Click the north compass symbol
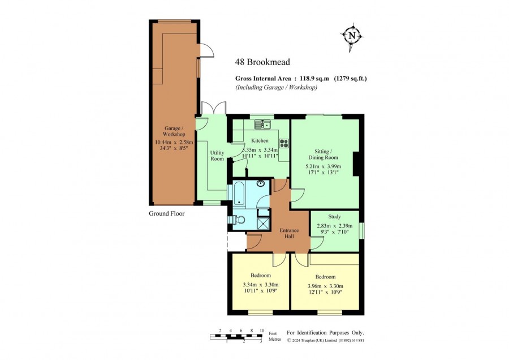352,36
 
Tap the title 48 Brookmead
262,62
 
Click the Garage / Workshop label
174,131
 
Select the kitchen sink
262,125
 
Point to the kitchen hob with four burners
284,143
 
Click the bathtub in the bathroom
239,194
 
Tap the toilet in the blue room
238,220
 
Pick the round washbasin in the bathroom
260,183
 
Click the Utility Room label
217,156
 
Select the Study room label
334,216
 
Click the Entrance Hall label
289,233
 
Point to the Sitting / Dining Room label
323,155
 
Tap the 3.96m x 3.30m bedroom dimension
325,286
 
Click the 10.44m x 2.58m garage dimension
174,142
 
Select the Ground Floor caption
166,213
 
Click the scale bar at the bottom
236,336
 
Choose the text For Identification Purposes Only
325,333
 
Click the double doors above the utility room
213,108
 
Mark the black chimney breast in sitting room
356,164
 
